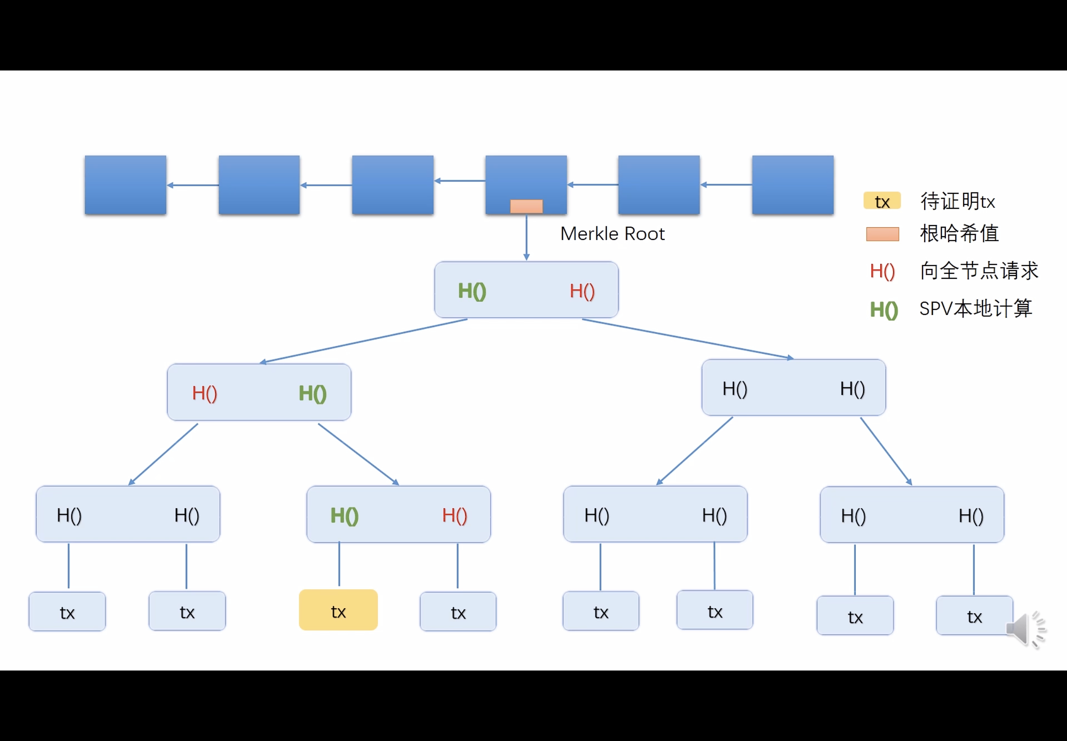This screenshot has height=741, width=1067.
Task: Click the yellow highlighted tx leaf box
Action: click(338, 610)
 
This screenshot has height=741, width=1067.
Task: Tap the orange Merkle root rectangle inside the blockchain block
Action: click(526, 206)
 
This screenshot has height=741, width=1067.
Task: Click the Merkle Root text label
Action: click(612, 234)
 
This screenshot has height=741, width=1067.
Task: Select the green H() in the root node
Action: click(472, 291)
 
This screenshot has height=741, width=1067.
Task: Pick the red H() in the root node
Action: click(582, 291)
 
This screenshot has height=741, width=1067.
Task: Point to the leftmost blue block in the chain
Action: click(125, 185)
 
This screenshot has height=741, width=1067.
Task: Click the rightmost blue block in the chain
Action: click(793, 185)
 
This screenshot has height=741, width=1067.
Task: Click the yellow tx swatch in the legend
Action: click(882, 201)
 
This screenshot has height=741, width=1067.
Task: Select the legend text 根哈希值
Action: click(959, 233)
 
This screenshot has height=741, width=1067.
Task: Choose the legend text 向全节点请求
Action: click(979, 271)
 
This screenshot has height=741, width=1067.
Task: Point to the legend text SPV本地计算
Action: click(976, 309)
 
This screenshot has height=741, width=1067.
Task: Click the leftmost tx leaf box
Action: click(67, 611)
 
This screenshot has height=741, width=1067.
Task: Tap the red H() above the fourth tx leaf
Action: click(454, 516)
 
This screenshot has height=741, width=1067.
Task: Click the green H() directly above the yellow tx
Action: click(344, 516)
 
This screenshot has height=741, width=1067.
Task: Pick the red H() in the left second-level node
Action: click(204, 393)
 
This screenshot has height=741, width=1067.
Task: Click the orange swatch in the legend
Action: click(882, 234)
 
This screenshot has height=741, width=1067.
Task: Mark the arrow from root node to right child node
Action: click(688, 339)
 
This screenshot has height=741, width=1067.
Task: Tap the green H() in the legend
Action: click(883, 310)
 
